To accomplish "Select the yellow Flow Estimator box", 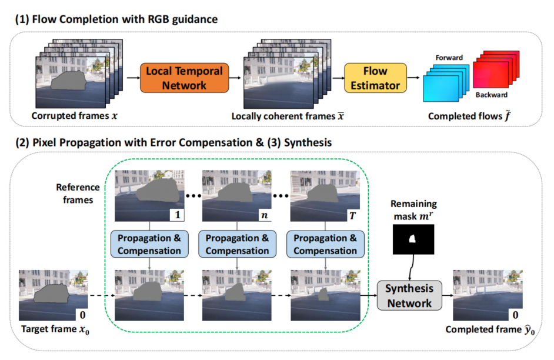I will [375, 78].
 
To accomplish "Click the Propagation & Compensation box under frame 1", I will [150, 244].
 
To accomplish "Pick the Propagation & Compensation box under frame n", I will [238, 244].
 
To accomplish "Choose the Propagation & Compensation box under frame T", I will [325, 244].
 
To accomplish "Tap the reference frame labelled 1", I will [150, 194].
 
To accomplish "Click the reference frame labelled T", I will [325, 194].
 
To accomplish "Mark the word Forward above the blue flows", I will [449, 58].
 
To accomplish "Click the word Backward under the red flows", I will [491, 95].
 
